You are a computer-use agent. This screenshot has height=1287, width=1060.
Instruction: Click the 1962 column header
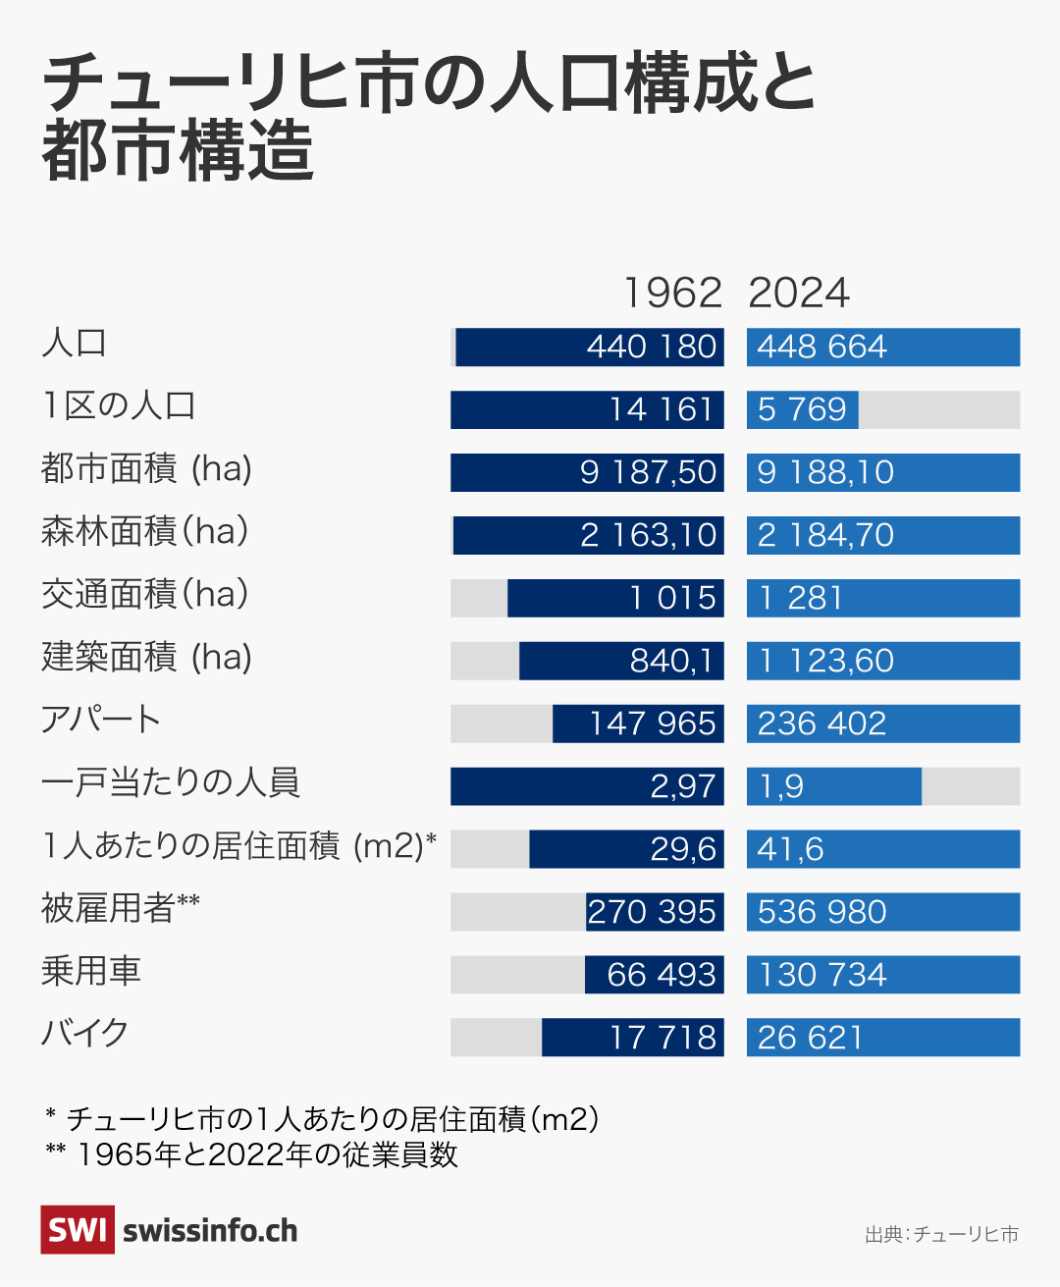[673, 293]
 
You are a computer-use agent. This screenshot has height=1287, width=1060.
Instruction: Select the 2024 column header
[799, 293]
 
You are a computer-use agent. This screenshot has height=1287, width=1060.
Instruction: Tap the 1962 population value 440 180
[652, 348]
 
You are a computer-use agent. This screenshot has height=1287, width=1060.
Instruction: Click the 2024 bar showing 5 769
[802, 409]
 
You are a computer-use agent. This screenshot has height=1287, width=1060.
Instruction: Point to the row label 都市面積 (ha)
[146, 468]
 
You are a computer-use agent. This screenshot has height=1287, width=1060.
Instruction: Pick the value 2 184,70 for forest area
[825, 535]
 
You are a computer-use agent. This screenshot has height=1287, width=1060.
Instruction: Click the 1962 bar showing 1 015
[615, 598]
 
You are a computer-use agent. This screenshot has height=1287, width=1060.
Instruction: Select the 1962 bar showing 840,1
[621, 661]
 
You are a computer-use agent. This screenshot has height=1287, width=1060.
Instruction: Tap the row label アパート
[100, 720]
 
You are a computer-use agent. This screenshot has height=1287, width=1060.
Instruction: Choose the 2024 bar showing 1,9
[833, 786]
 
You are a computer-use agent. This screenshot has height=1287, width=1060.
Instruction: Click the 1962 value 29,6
[683, 849]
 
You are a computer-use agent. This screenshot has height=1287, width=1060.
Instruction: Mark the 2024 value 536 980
[821, 912]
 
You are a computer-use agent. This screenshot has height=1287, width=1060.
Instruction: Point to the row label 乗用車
[91, 971]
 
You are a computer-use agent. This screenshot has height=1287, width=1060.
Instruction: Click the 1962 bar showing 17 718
[633, 1038]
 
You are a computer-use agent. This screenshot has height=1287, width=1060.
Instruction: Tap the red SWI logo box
[78, 1230]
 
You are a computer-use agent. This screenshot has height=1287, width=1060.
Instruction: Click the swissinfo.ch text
[210, 1231]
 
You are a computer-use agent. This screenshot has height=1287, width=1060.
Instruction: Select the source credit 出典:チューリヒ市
[941, 1234]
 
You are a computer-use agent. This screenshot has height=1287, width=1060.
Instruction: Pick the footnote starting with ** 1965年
[251, 1154]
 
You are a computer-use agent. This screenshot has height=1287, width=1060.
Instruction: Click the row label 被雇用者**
[120, 908]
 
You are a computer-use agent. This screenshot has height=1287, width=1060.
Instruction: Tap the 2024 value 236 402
[821, 724]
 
